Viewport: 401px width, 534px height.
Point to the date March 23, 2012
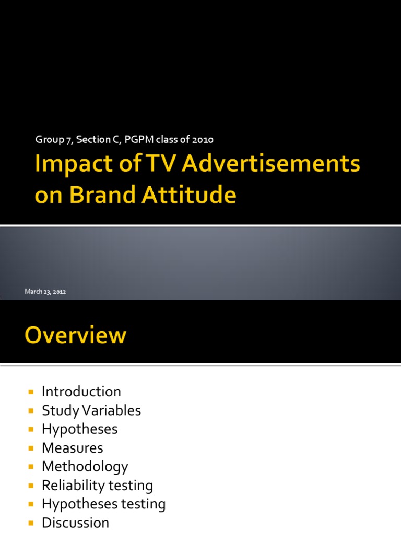pyautogui.click(x=45, y=292)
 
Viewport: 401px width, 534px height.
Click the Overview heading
pyautogui.click(x=75, y=335)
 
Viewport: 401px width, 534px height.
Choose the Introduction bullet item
pyautogui.click(x=81, y=392)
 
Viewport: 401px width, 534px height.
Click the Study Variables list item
pyautogui.click(x=91, y=410)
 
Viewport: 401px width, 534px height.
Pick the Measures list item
pyautogui.click(x=73, y=448)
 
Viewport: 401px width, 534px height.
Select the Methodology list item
pyautogui.click(x=85, y=467)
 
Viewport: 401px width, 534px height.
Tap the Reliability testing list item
pyautogui.click(x=97, y=486)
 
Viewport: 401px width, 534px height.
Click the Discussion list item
pyautogui.click(x=75, y=523)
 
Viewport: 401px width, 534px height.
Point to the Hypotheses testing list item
pyautogui.click(x=103, y=504)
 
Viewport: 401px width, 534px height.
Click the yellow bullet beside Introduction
pyautogui.click(x=31, y=392)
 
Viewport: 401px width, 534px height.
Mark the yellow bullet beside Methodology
pyautogui.click(x=31, y=467)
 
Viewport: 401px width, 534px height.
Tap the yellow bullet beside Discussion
pyautogui.click(x=31, y=523)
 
